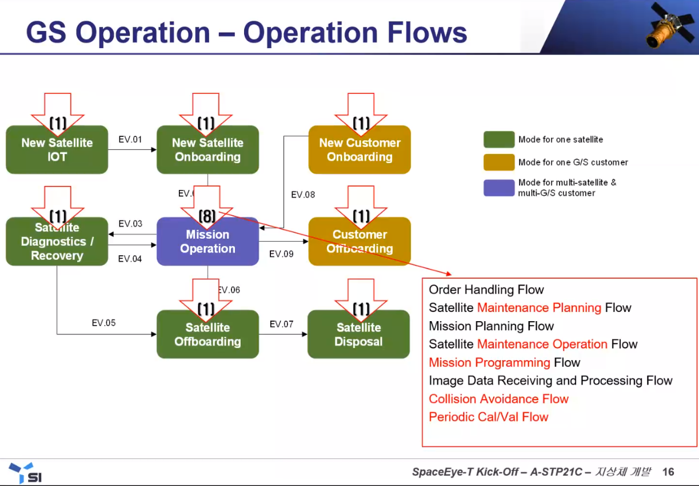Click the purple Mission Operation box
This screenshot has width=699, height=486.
pyautogui.click(x=207, y=242)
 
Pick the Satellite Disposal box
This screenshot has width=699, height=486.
pyautogui.click(x=358, y=335)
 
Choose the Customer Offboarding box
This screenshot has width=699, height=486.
pyautogui.click(x=360, y=242)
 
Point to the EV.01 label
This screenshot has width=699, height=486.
pyautogui.click(x=130, y=140)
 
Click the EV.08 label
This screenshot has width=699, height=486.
pyautogui.click(x=303, y=195)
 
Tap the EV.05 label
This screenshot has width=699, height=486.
pyautogui.click(x=103, y=323)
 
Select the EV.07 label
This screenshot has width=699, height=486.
pyautogui.click(x=281, y=325)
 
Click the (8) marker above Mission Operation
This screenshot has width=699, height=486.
pyautogui.click(x=207, y=216)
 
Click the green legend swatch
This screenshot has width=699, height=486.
pyautogui.click(x=498, y=140)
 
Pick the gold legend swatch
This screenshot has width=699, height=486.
pyautogui.click(x=498, y=163)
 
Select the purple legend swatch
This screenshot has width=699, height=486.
pyautogui.click(x=498, y=188)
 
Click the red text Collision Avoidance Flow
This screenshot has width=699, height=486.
pyautogui.click(x=498, y=399)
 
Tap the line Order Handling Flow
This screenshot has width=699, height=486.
pyautogui.click(x=486, y=290)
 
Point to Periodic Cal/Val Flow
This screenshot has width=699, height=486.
pyautogui.click(x=488, y=417)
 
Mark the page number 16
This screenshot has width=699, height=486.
pyautogui.click(x=668, y=472)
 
